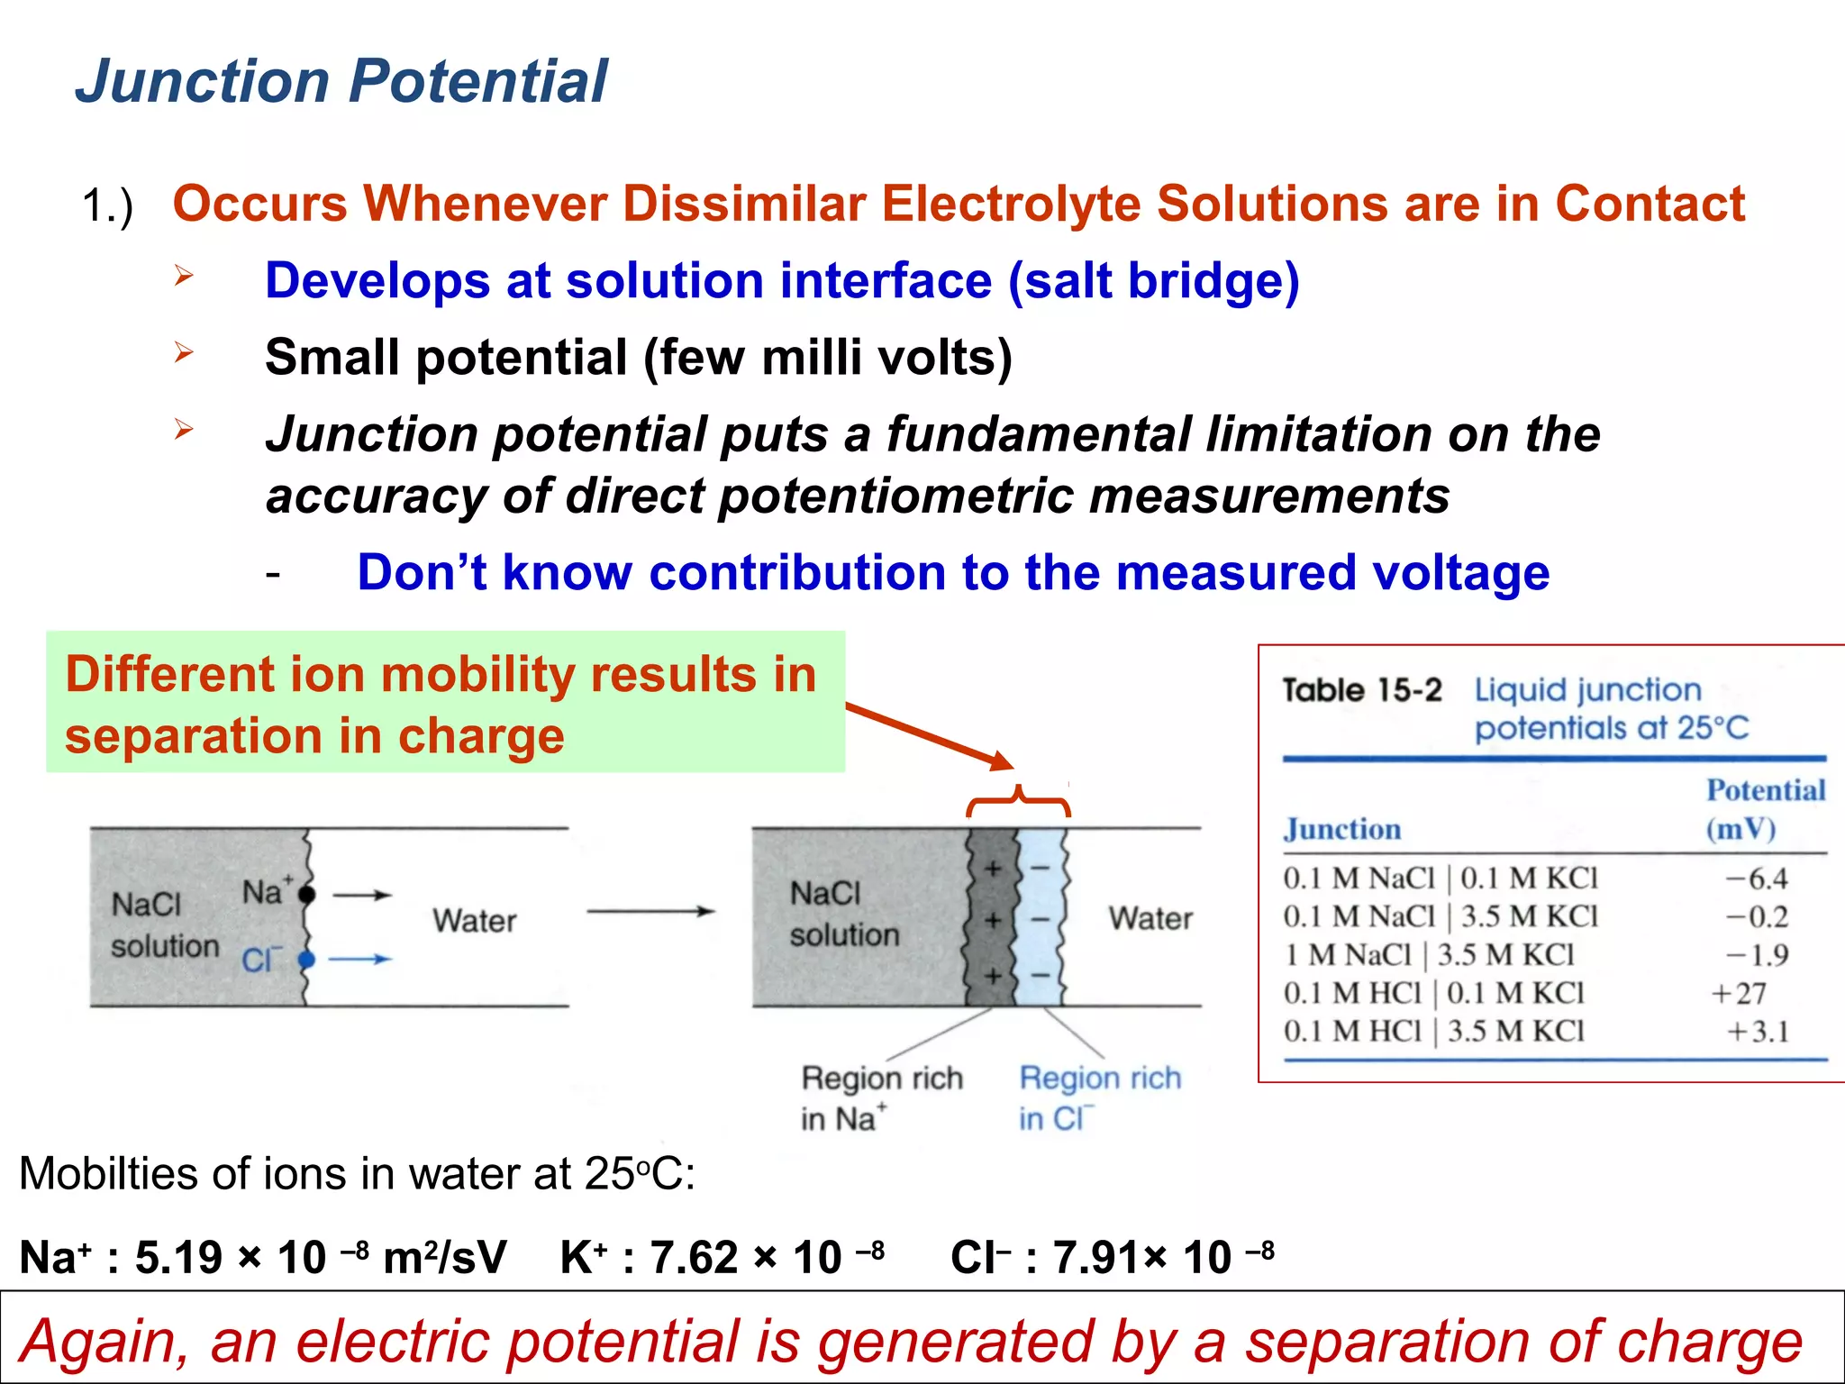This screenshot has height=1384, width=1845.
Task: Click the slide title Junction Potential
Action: point(341,81)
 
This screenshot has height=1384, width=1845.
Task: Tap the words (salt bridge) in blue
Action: point(1153,280)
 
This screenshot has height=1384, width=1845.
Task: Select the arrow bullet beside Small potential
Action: point(184,352)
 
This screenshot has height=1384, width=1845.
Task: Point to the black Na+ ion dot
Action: point(307,895)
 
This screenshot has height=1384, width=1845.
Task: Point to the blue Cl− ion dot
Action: point(306,960)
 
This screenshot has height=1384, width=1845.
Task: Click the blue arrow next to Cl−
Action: point(359,960)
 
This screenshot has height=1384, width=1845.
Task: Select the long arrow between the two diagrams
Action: point(650,911)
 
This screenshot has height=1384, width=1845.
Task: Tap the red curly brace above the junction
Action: point(1018,801)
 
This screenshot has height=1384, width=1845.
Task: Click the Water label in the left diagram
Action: point(474,921)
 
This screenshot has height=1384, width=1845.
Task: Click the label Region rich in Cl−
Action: point(1098,1097)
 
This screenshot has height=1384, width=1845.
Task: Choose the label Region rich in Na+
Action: point(881,1097)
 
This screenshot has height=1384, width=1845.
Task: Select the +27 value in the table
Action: point(1739,993)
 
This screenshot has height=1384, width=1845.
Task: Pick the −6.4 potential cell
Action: point(1756,879)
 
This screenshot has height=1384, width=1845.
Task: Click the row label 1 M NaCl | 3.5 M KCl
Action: point(1429,955)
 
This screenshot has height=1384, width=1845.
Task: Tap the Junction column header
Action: point(1341,829)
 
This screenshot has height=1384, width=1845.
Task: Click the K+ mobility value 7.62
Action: point(694,1258)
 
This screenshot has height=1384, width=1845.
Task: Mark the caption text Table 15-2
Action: point(1361,691)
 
